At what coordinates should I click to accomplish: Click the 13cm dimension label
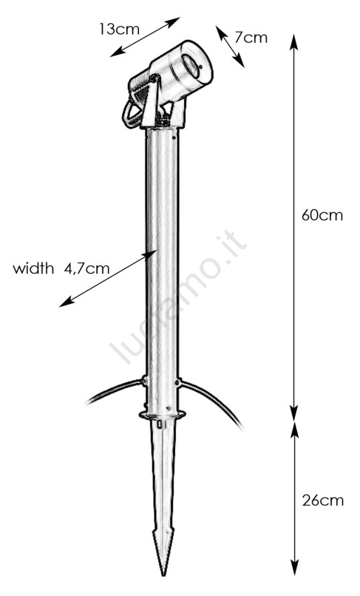tap(119, 30)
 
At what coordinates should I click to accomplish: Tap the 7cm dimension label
tap(251, 38)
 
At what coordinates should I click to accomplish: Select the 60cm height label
tap(322, 215)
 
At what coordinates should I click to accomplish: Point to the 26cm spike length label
tap(323, 500)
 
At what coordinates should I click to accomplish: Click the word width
tap(33, 268)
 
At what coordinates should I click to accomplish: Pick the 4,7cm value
tap(86, 268)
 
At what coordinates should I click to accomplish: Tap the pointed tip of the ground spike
tap(164, 574)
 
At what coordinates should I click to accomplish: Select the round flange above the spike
tap(163, 415)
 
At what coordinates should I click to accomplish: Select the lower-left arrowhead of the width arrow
tap(66, 302)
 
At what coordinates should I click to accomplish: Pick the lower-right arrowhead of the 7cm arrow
tap(240, 61)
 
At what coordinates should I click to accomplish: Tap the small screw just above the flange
tap(167, 408)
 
